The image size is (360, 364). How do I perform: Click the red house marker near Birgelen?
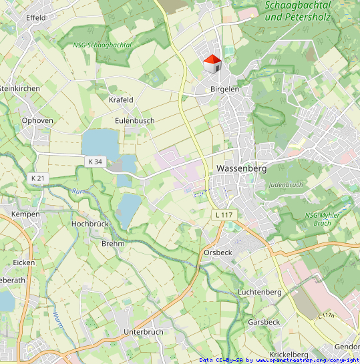[212, 64]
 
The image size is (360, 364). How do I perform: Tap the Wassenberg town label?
[242, 169]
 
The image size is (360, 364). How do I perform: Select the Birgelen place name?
[224, 89]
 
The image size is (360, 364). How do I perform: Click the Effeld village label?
[36, 17]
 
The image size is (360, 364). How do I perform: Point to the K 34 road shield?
[96, 162]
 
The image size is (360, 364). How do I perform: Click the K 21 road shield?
[37, 178]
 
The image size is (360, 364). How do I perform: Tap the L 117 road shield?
[224, 214]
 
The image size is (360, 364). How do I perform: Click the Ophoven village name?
[37, 121]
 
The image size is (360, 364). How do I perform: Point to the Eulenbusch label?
[134, 120]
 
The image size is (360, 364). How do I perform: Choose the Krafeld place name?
[121, 100]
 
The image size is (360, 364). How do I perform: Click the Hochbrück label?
[89, 224]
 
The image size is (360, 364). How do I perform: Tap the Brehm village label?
[113, 244]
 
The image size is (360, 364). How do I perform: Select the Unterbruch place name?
[144, 331]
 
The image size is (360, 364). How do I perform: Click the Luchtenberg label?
[260, 293]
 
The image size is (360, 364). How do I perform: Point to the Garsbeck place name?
[264, 322]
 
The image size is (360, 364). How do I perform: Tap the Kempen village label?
[25, 214]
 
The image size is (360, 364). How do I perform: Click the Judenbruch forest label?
[285, 184]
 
